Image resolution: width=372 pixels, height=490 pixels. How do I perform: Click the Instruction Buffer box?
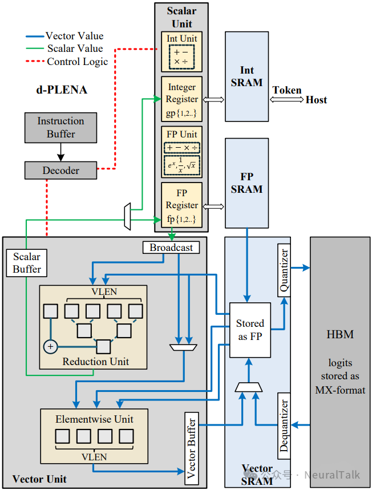(x=60, y=127)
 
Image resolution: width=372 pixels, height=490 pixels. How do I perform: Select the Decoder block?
(x=60, y=170)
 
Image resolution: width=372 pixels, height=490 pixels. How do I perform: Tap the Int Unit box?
(x=182, y=50)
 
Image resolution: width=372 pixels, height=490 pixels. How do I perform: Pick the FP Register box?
(x=182, y=205)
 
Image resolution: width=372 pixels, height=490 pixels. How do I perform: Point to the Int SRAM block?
(x=246, y=76)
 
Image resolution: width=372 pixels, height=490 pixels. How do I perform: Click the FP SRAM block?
(x=246, y=183)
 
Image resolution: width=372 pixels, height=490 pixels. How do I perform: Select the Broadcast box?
(x=171, y=248)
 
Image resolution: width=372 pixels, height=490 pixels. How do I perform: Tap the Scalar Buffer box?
(x=27, y=262)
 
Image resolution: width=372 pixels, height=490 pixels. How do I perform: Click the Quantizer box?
(x=284, y=270)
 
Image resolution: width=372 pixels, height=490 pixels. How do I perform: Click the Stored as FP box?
(x=250, y=330)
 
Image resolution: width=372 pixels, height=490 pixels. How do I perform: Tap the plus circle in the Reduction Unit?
(x=51, y=346)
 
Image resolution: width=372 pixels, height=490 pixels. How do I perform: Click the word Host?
(x=316, y=100)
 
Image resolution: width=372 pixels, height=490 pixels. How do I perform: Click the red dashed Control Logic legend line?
(x=35, y=62)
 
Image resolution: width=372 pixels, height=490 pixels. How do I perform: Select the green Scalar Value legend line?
(x=35, y=49)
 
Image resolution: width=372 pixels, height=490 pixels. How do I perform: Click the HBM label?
(x=340, y=334)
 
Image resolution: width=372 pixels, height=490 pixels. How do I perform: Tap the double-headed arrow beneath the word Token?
(x=287, y=99)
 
